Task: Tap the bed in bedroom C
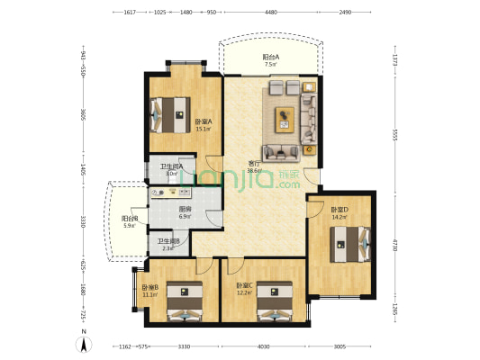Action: point(275,303)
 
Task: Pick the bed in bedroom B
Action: point(186,304)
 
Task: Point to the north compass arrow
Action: point(85,341)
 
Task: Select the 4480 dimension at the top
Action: point(271,13)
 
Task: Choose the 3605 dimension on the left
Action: point(82,115)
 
